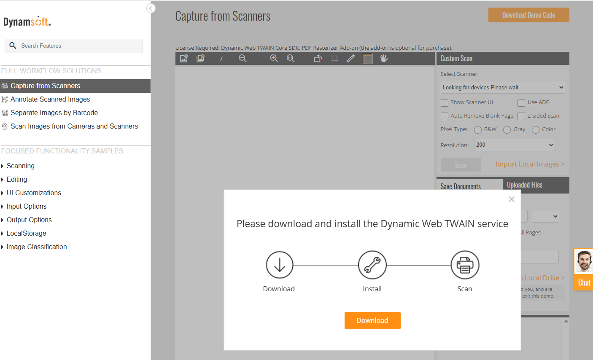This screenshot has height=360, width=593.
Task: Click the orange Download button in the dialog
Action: pyautogui.click(x=372, y=320)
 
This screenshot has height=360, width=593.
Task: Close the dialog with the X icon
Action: pyautogui.click(x=511, y=199)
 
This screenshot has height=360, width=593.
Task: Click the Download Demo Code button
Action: pyautogui.click(x=528, y=15)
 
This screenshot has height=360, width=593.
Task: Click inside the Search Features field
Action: pyautogui.click(x=80, y=46)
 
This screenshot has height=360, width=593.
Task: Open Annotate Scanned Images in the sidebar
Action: pyautogui.click(x=50, y=99)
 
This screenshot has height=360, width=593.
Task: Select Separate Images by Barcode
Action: pyautogui.click(x=54, y=113)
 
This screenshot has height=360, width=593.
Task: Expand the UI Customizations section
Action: pyautogui.click(x=34, y=193)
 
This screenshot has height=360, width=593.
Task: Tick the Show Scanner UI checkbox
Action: pyautogui.click(x=445, y=103)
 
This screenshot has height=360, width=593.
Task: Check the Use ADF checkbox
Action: pyautogui.click(x=521, y=103)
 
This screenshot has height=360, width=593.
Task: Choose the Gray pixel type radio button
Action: pyautogui.click(x=507, y=130)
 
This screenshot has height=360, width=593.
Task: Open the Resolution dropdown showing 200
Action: pyautogui.click(x=514, y=145)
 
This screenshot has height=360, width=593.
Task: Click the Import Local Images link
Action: pyautogui.click(x=530, y=164)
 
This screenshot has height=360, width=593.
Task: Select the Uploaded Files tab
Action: pyautogui.click(x=525, y=185)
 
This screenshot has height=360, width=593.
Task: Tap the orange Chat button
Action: pyautogui.click(x=584, y=283)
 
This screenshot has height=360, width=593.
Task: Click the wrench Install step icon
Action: pyautogui.click(x=372, y=265)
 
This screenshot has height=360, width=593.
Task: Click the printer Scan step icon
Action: pyautogui.click(x=465, y=265)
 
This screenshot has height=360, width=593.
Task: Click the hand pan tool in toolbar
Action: pyautogui.click(x=384, y=59)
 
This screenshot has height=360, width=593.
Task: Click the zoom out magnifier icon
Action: pyautogui.click(x=243, y=59)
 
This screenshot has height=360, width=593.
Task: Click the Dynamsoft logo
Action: pyautogui.click(x=27, y=21)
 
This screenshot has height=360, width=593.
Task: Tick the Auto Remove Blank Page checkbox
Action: pyautogui.click(x=445, y=116)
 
